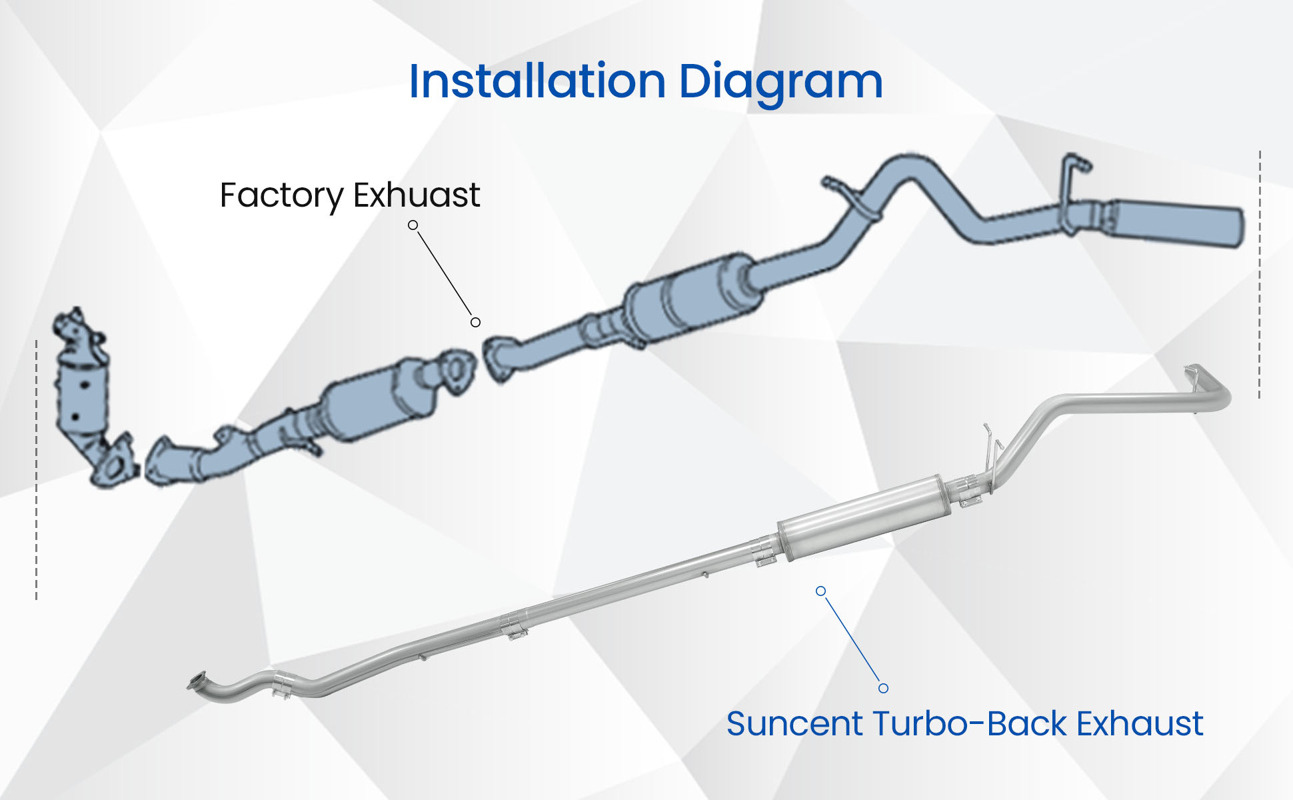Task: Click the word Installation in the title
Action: point(537,81)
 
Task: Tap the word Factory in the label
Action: point(281,195)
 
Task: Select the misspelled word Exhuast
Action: point(417,195)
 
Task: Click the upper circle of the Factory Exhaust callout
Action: point(413,225)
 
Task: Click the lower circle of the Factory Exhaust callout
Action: point(475,323)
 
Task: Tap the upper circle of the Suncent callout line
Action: point(821,591)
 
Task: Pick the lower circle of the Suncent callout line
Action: point(883,688)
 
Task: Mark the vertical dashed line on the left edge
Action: point(36,467)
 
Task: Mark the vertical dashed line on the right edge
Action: point(1259,273)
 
